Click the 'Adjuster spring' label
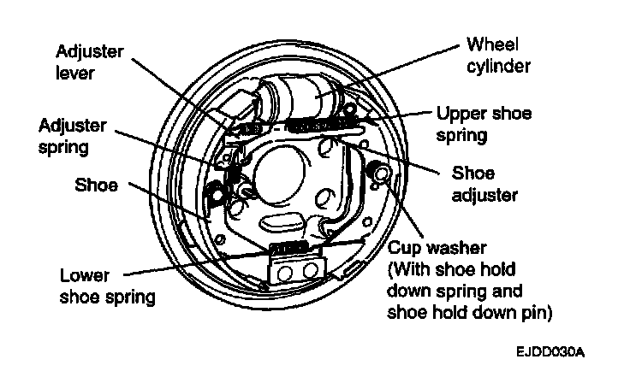(x=73, y=137)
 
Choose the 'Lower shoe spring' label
(x=108, y=287)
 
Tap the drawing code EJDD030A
(x=553, y=352)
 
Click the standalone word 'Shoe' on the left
(x=98, y=185)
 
